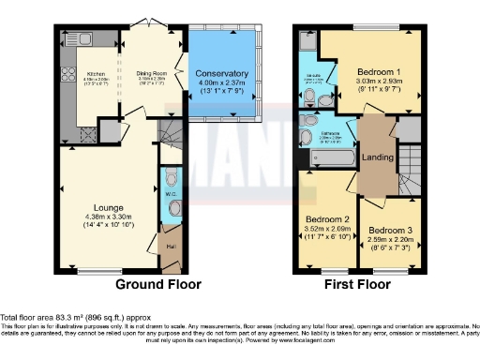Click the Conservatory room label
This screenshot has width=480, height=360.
click(x=222, y=73)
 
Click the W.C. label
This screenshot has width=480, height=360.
click(x=171, y=194)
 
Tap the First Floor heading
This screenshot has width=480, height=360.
click(x=359, y=283)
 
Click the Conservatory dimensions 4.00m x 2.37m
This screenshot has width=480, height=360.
click(x=222, y=83)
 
